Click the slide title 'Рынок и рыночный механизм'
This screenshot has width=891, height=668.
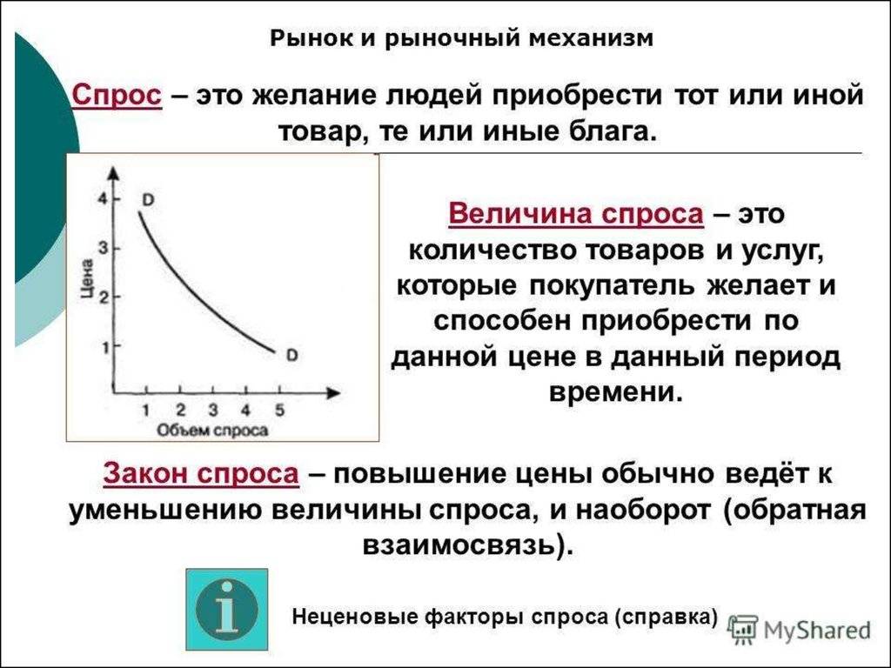[x=461, y=38]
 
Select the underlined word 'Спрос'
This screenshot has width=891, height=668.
[x=117, y=95]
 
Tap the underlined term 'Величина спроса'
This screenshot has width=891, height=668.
[x=576, y=215]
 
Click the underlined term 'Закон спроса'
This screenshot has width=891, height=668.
[x=201, y=474]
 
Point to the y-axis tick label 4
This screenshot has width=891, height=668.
[x=103, y=199]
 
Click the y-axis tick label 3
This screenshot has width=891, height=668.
[x=103, y=248]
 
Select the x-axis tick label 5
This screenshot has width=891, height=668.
[x=279, y=411]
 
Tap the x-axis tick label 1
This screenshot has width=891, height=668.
[x=146, y=411]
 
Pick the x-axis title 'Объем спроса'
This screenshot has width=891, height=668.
[x=212, y=431]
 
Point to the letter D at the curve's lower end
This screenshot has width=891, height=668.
[x=291, y=356]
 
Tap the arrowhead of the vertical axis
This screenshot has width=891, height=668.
[x=115, y=174]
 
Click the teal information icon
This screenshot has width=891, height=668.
[x=227, y=610]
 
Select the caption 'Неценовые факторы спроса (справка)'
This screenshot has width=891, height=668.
[x=505, y=617]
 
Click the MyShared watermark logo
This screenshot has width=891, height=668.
[x=801, y=630]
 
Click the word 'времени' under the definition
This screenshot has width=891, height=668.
[x=615, y=392]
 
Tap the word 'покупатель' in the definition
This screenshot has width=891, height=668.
[x=612, y=285]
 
